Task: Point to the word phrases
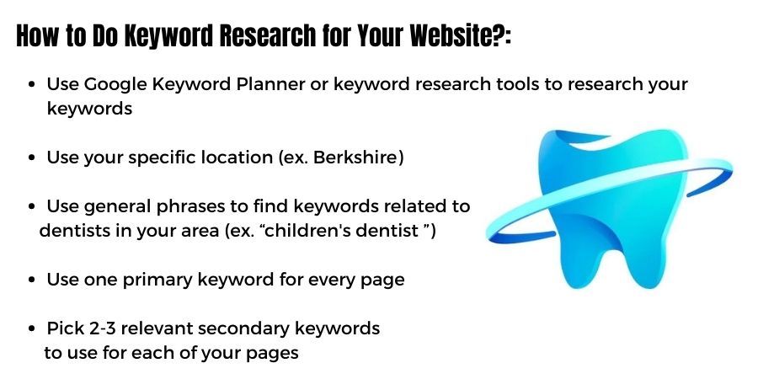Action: [x=184, y=206]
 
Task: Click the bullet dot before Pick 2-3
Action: [x=32, y=328]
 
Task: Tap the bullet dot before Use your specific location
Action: [x=32, y=158]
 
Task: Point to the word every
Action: [x=327, y=280]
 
